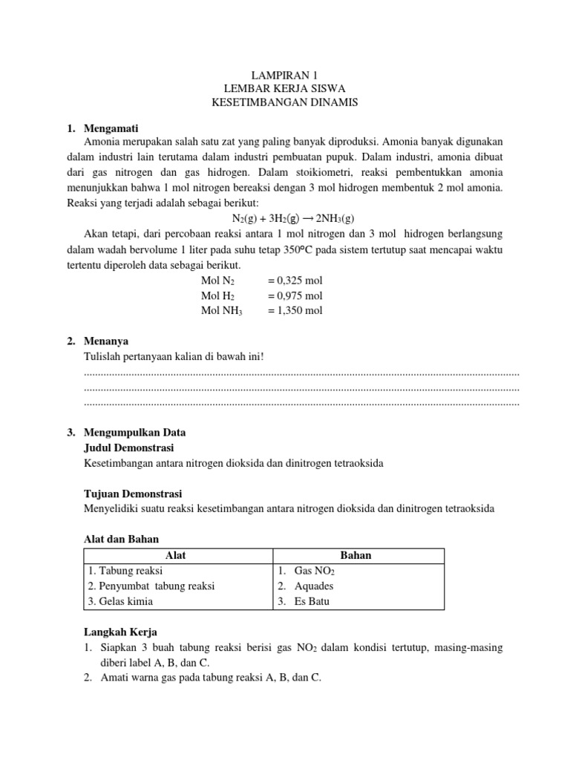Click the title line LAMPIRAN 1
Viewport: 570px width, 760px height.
tap(284, 75)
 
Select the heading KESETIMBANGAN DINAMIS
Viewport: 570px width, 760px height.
tap(284, 103)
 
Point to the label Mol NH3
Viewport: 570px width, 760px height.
tap(222, 310)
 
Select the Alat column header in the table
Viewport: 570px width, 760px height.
tap(177, 555)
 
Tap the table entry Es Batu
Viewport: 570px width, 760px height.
tap(312, 601)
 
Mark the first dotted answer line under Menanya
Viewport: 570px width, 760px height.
tap(302, 372)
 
